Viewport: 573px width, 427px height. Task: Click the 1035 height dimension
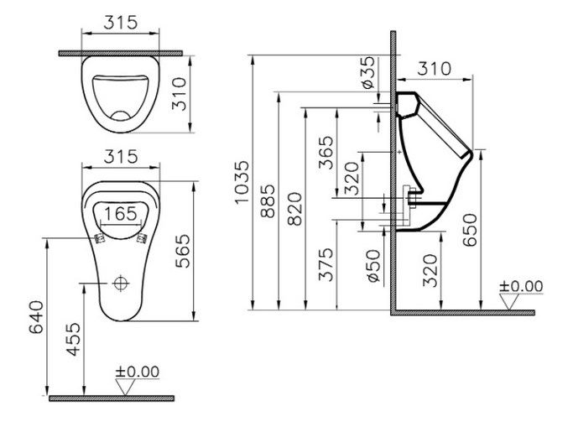pyautogui.click(x=242, y=182)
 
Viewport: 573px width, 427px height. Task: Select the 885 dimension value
pyautogui.click(x=268, y=201)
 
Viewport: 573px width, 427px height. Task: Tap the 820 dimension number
pyautogui.click(x=294, y=209)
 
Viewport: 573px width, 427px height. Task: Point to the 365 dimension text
pyautogui.click(x=326, y=153)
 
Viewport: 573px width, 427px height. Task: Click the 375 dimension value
pyautogui.click(x=326, y=264)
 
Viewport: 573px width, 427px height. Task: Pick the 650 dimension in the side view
pyautogui.click(x=470, y=230)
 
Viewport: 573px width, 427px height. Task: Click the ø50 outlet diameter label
pyautogui.click(x=373, y=266)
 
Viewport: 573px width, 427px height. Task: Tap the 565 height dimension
pyautogui.click(x=183, y=251)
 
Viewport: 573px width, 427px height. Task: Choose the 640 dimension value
pyautogui.click(x=36, y=317)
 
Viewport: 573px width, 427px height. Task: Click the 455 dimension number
pyautogui.click(x=73, y=339)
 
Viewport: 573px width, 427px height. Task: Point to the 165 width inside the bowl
pyautogui.click(x=121, y=214)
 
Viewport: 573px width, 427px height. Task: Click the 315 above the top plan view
pyautogui.click(x=121, y=23)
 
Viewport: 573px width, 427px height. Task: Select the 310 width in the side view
pyautogui.click(x=435, y=68)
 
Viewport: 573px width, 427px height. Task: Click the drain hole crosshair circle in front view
pyautogui.click(x=121, y=283)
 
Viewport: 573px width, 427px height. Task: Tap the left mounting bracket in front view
pyautogui.click(x=99, y=239)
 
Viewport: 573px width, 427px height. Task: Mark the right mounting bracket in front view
pyautogui.click(x=142, y=238)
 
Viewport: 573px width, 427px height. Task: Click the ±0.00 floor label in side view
pyautogui.click(x=521, y=286)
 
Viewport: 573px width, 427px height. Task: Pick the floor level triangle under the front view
pyautogui.click(x=125, y=387)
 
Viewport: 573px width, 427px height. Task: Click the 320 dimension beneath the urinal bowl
pyautogui.click(x=430, y=271)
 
